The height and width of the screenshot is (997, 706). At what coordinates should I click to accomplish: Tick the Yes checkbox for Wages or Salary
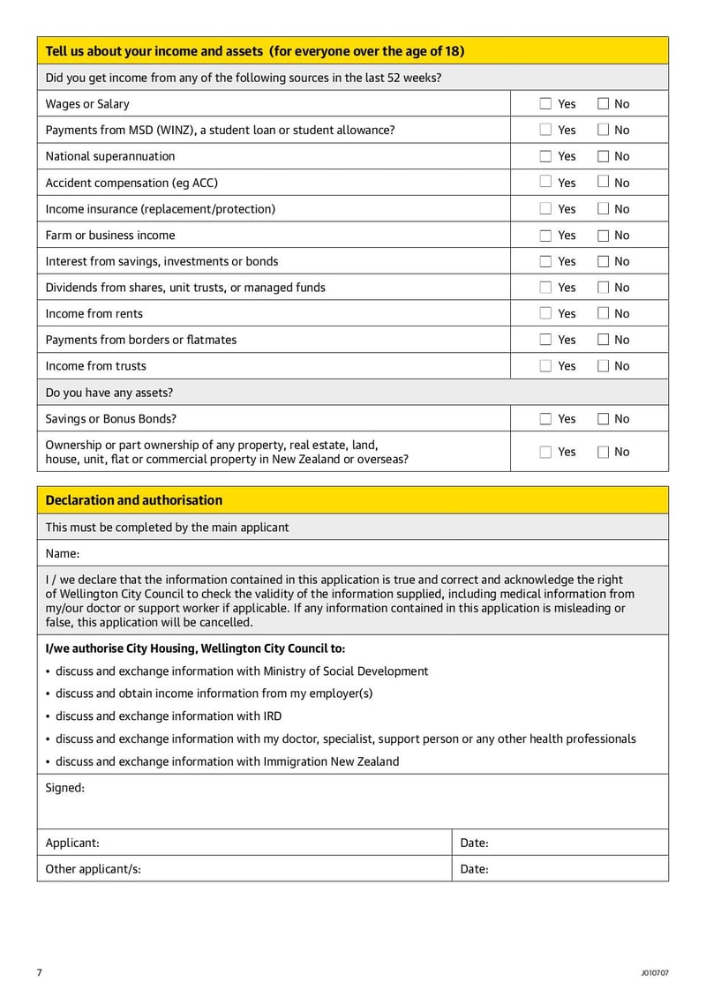[x=545, y=104]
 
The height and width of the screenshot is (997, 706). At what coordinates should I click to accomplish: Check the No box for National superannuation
[x=604, y=156]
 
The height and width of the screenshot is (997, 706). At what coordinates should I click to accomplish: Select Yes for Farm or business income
[x=545, y=236]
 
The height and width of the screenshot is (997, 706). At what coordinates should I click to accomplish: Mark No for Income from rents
[x=604, y=313]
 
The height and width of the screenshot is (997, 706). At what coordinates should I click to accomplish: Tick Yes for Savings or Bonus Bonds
[x=545, y=419]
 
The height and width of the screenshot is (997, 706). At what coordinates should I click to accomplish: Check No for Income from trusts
[x=604, y=366]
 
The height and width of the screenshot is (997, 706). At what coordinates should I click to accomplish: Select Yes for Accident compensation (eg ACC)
[x=545, y=183]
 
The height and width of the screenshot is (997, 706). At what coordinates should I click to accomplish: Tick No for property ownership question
[x=604, y=452]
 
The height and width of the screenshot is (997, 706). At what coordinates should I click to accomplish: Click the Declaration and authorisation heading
[x=134, y=500]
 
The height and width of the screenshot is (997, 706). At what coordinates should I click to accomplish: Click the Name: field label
[x=63, y=554]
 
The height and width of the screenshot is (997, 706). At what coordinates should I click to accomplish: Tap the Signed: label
[x=65, y=788]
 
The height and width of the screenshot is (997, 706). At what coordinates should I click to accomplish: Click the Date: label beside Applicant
[x=475, y=843]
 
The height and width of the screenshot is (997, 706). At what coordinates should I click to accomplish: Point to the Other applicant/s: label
[x=94, y=869]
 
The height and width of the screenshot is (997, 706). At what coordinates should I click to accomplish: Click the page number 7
[x=40, y=972]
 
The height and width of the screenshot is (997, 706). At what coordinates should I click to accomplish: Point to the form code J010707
[x=655, y=973]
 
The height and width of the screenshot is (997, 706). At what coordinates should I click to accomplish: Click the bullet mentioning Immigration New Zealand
[x=227, y=761]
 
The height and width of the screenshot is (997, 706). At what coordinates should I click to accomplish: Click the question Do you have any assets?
[x=110, y=393]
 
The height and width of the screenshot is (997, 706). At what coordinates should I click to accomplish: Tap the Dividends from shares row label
[x=185, y=288]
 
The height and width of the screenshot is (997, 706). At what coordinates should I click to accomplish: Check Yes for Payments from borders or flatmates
[x=545, y=340]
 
